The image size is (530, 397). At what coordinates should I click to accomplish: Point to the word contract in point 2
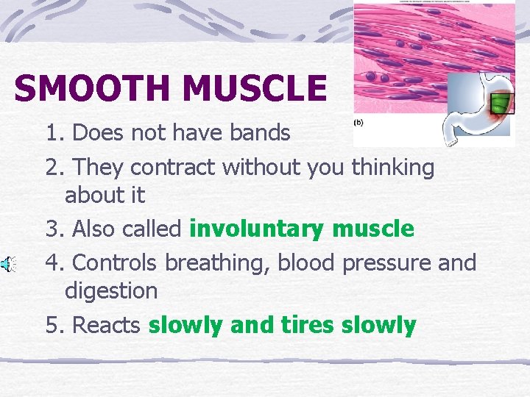pos(176,168)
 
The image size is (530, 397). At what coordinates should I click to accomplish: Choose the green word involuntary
pos(257,229)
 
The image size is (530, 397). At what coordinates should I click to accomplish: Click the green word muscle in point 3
pos(372,229)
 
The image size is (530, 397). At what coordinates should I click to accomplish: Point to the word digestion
pos(111,291)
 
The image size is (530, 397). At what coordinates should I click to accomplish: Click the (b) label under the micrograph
pos(359,122)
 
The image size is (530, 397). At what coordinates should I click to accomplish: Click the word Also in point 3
pos(94,229)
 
